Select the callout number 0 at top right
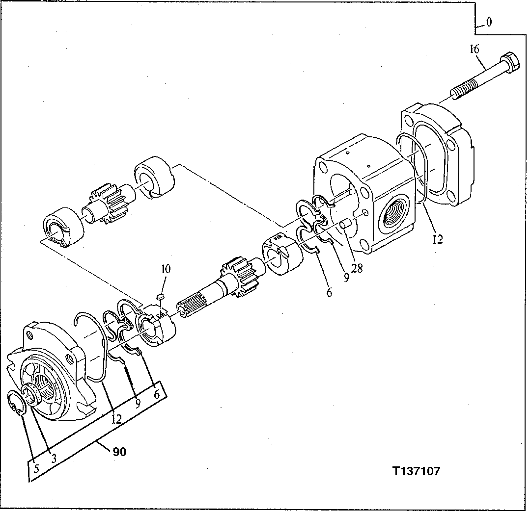click(489, 22)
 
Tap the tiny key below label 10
click(159, 296)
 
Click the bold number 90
click(119, 452)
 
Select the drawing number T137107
click(416, 471)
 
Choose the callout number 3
click(54, 457)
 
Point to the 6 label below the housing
click(329, 292)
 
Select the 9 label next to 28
click(346, 278)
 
